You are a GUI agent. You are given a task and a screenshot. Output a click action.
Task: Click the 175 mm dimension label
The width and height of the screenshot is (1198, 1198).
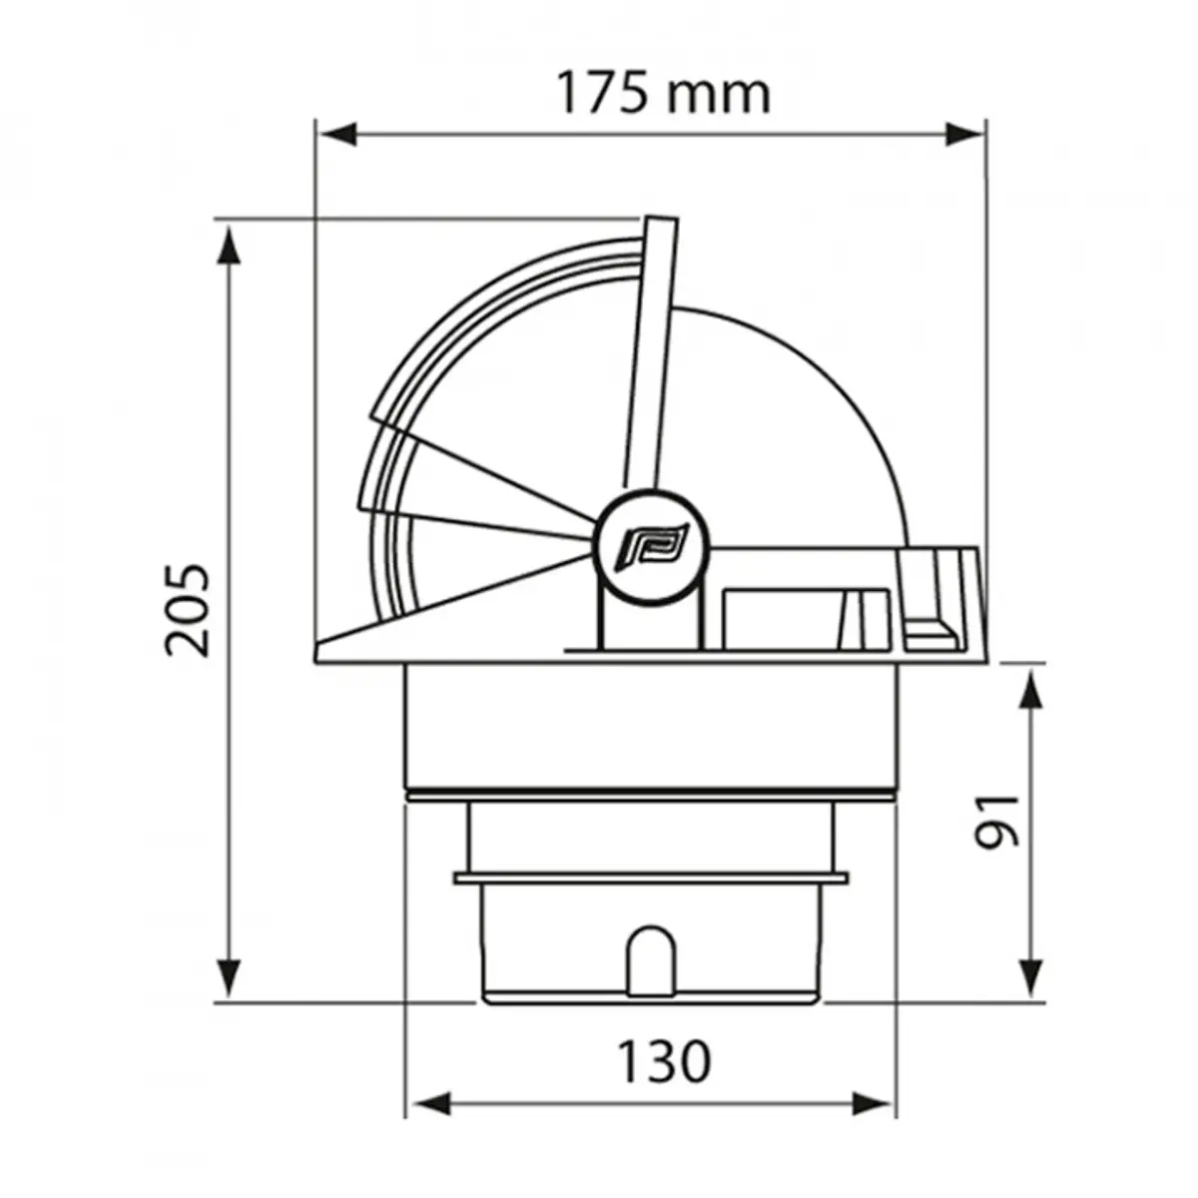[662, 94]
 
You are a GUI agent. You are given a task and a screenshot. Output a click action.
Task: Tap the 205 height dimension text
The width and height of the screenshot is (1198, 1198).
[189, 610]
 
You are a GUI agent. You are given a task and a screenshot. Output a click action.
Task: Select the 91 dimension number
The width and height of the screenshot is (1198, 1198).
[997, 821]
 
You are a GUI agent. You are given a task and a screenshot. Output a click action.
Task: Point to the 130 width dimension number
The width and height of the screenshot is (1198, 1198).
[663, 1061]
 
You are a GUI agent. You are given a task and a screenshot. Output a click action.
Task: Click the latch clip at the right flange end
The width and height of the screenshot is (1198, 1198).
[933, 599]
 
